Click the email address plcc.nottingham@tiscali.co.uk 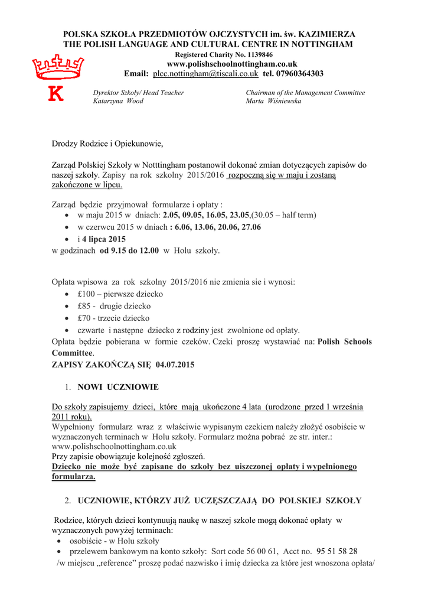pyautogui.click(x=205, y=74)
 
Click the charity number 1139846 pyautogui.click(x=260, y=54)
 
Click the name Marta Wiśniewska pyautogui.click(x=273, y=101)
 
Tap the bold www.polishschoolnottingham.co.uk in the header pyautogui.click(x=232, y=64)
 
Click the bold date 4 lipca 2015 pyautogui.click(x=104, y=239)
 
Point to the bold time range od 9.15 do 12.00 pyautogui.click(x=129, y=251)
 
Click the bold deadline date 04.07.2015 pyautogui.click(x=175, y=365)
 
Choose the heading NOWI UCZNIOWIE pyautogui.click(x=118, y=387)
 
